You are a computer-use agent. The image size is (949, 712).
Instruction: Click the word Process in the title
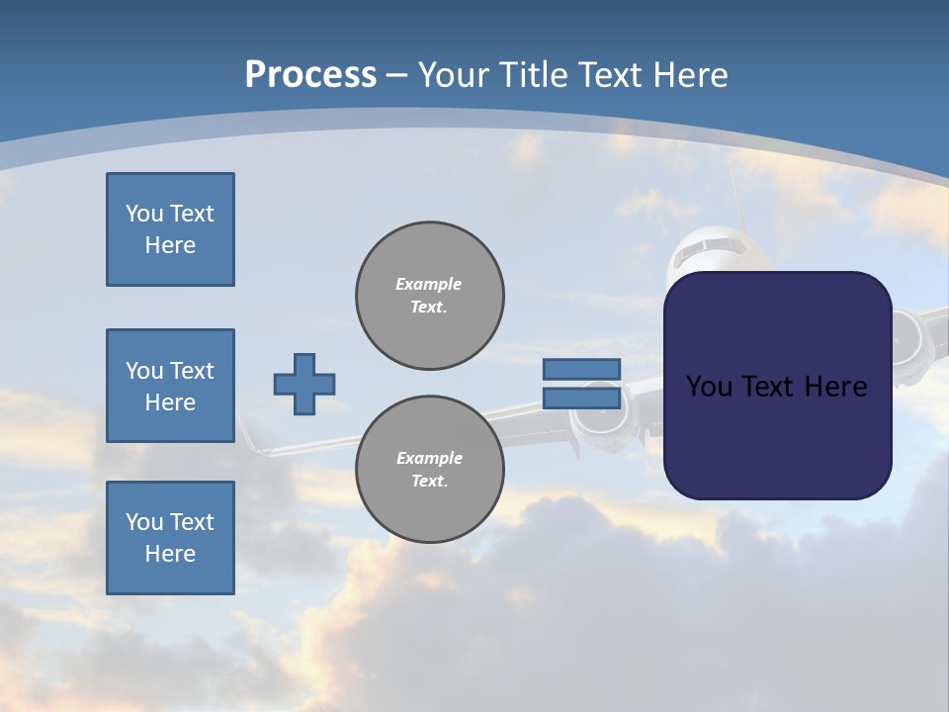pos(310,74)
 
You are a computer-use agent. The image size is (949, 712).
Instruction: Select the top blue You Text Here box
pos(170,229)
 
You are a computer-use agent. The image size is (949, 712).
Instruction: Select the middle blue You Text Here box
pos(170,386)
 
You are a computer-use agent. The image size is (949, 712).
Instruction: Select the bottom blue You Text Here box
pos(170,538)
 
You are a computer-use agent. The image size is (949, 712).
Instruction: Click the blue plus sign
pos(304,385)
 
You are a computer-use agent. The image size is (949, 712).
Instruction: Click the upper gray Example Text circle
pos(430,296)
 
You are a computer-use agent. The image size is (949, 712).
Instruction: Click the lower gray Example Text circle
pos(430,470)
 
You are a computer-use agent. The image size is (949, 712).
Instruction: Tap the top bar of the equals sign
pos(582,369)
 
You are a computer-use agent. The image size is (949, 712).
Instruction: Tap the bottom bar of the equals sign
pos(582,399)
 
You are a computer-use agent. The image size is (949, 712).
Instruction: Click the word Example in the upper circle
pos(429,284)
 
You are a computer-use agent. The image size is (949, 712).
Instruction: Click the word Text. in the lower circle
pos(430,482)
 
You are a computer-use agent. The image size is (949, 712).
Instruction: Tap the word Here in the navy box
pos(831,387)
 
